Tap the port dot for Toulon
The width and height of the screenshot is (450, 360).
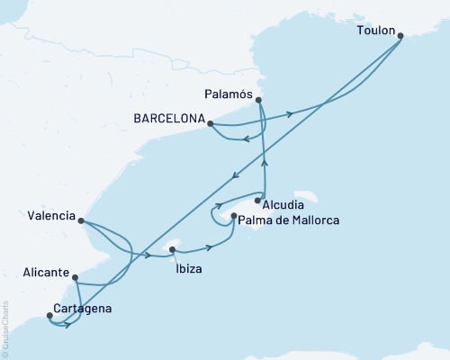tap(400, 36)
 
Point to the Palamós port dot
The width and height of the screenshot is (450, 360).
tap(259, 100)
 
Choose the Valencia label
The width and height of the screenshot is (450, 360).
tap(51, 215)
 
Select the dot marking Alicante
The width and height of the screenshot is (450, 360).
tap(75, 279)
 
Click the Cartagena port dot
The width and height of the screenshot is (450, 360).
tap(49, 316)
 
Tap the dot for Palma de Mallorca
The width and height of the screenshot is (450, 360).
tap(234, 217)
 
